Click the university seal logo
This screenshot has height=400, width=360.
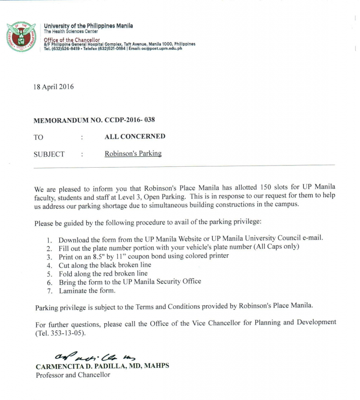(21, 37)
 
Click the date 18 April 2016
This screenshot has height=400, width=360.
(54, 87)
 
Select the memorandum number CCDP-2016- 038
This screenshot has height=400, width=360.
(130, 120)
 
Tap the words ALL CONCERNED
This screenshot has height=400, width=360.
(135, 137)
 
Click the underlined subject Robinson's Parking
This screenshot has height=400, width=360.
(133, 154)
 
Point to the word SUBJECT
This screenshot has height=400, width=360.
(49, 154)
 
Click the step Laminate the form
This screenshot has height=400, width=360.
(87, 291)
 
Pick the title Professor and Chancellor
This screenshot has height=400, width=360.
(73, 375)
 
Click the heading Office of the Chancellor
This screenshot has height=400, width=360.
(72, 40)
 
